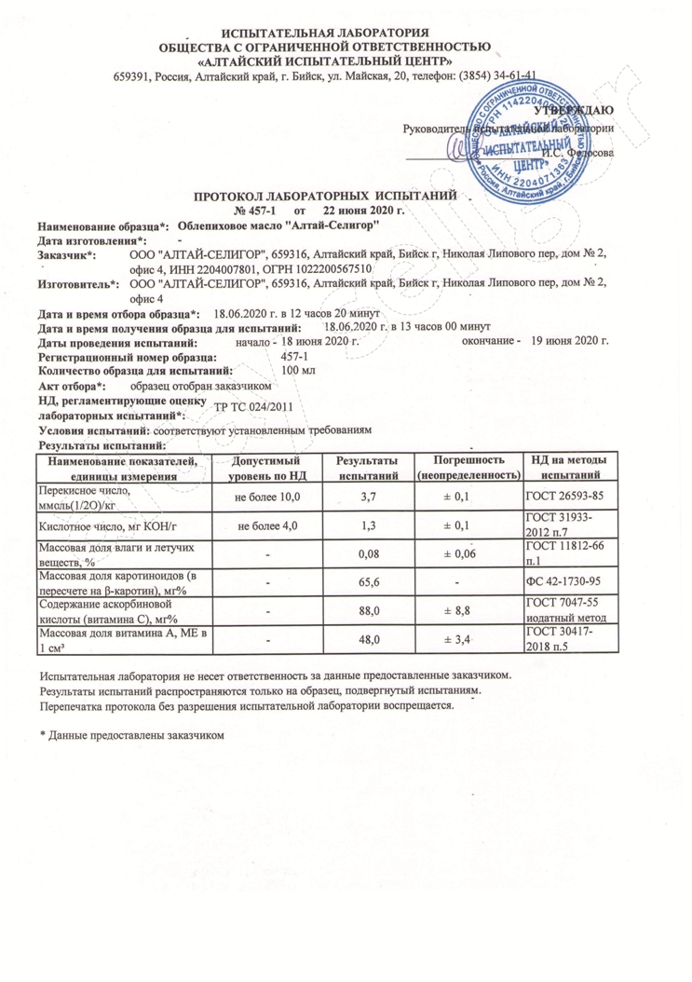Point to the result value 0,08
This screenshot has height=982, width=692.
(x=367, y=554)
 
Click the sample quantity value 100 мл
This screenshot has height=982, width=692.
(x=298, y=371)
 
